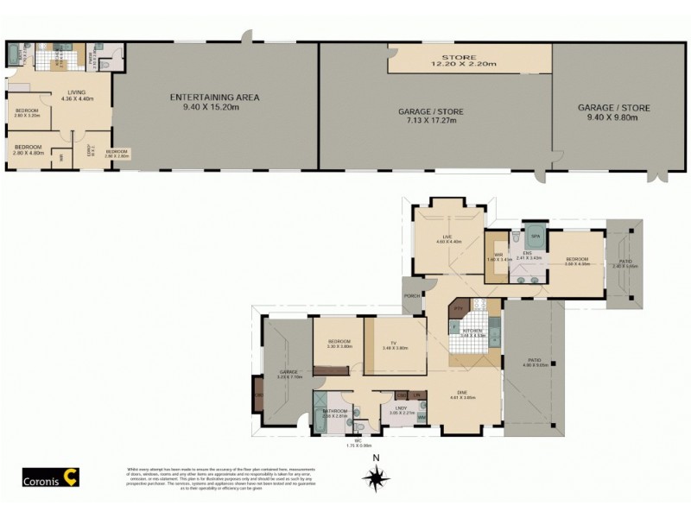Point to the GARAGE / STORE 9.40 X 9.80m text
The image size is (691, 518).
tap(613, 113)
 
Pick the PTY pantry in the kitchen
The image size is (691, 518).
tap(459, 307)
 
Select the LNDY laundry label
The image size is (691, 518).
tap(401, 409)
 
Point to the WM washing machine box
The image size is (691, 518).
tap(421, 418)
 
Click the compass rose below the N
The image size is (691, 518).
tap(375, 476)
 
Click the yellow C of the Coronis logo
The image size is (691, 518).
tap(75, 476)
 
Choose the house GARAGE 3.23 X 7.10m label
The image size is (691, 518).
tap(289, 376)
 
